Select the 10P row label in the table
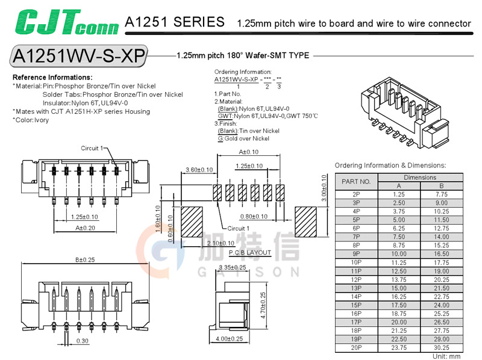(x=355, y=262)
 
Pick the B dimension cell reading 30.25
(x=441, y=348)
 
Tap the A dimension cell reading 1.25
(x=398, y=194)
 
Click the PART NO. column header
(x=355, y=181)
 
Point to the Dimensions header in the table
(x=420, y=178)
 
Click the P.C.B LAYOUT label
(x=250, y=253)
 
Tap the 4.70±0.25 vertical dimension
(x=263, y=306)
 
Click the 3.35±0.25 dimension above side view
(x=232, y=267)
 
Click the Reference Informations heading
(x=52, y=78)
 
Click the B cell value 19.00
(x=441, y=271)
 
